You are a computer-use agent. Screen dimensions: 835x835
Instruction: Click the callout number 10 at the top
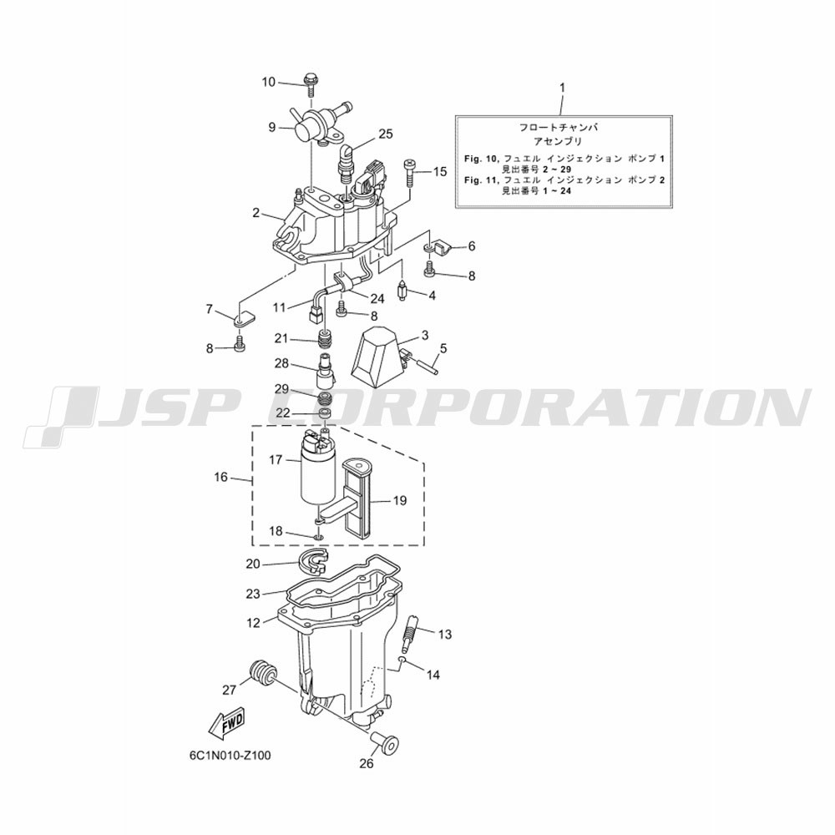pyautogui.click(x=268, y=82)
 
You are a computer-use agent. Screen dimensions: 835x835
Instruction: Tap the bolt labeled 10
pyautogui.click(x=310, y=84)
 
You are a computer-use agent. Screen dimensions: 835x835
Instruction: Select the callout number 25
pyautogui.click(x=386, y=134)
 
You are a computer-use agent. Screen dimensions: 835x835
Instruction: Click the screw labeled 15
pyautogui.click(x=409, y=171)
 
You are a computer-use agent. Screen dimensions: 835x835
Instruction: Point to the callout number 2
pyautogui.click(x=256, y=213)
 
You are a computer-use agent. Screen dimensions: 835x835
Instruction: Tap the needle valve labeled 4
pyautogui.click(x=403, y=292)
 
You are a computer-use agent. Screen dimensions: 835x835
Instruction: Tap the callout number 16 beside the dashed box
pyautogui.click(x=221, y=477)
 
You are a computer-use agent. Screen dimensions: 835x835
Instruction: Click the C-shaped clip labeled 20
pyautogui.click(x=314, y=563)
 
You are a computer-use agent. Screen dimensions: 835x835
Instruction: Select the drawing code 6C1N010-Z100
pyautogui.click(x=230, y=756)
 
